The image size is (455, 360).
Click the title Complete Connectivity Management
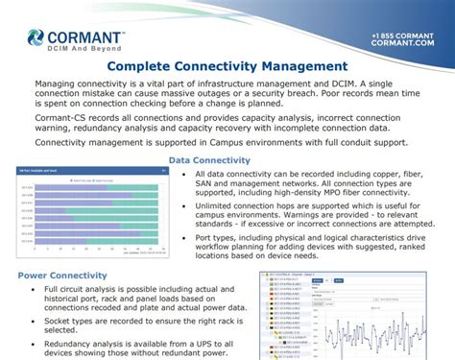point(227,66)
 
